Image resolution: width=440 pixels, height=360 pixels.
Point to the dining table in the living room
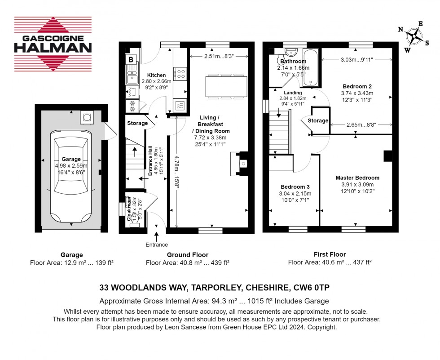(x=226, y=87)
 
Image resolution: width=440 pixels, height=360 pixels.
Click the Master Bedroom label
(x=357, y=178)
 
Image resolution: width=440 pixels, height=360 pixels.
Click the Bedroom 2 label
(x=357, y=86)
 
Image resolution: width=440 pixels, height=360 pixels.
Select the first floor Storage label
(x=318, y=120)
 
